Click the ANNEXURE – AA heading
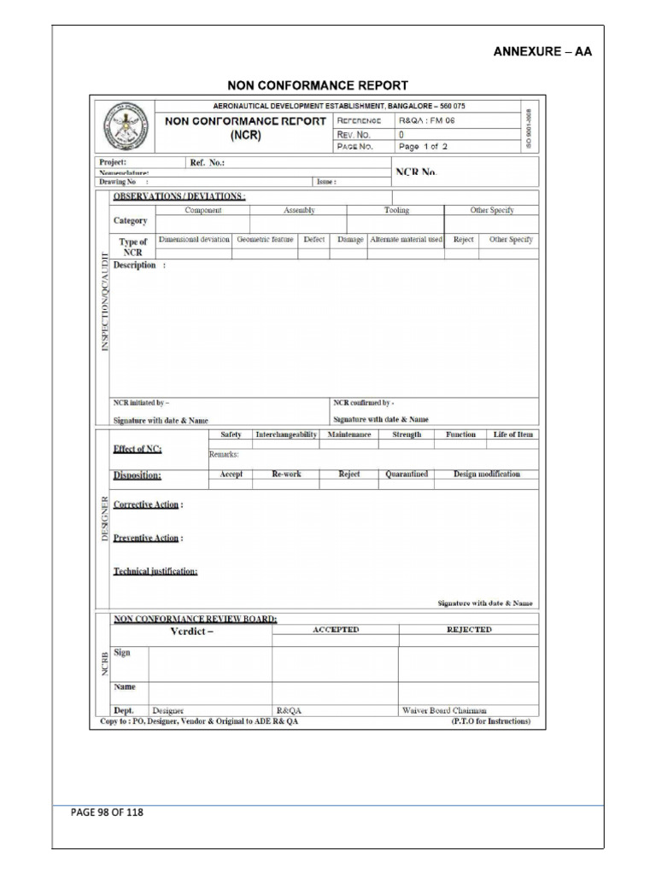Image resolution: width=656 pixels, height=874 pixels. point(542,51)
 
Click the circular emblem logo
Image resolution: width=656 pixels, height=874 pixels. point(125,127)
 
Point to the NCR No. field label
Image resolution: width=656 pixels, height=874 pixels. point(417,172)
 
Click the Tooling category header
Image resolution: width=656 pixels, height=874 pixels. point(396,210)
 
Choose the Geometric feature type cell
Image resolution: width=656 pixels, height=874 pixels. point(265,240)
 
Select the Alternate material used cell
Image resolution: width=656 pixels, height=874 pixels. point(406,240)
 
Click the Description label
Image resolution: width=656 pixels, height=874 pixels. point(135,265)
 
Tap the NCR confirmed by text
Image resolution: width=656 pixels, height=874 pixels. point(363,402)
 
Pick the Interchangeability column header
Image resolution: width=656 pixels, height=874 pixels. point(286,434)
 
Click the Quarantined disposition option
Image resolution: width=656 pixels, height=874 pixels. point(407,474)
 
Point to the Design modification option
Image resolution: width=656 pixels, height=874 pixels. point(486,474)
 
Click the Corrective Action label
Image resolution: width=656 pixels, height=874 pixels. point(146,504)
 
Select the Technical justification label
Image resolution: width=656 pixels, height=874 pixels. point(155,571)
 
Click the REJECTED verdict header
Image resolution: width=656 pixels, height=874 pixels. point(469,629)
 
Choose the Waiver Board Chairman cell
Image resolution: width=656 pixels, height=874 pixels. point(444,709)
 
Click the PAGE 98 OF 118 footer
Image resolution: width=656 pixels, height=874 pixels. point(107,813)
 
